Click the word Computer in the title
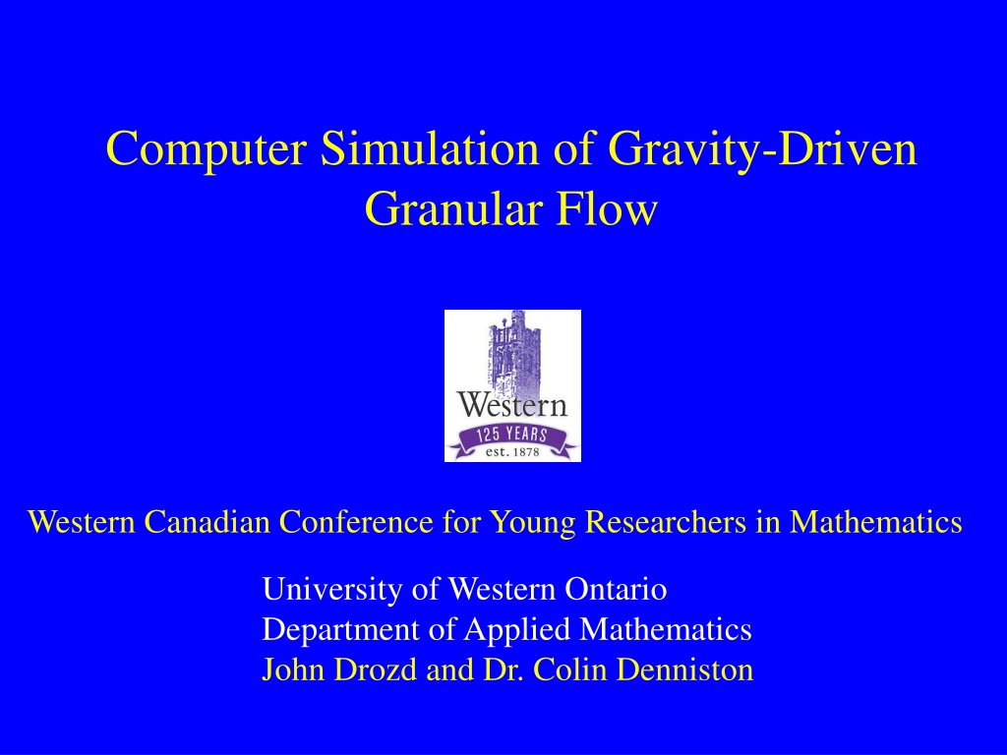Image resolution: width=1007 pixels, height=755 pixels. [x=206, y=149]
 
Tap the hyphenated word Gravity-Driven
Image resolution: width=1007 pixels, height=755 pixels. [x=762, y=150]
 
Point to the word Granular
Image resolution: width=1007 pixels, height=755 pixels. [x=453, y=208]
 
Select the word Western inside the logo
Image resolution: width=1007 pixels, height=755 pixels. [x=512, y=406]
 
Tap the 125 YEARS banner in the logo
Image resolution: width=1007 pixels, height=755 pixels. [x=511, y=438]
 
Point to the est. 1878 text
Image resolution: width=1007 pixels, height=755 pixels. [x=512, y=452]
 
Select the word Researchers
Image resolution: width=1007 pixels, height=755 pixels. [x=666, y=521]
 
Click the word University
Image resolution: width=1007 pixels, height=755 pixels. [x=332, y=590]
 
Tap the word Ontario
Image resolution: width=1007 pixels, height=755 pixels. [x=616, y=589]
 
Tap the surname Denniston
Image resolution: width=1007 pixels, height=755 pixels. [x=684, y=669]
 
